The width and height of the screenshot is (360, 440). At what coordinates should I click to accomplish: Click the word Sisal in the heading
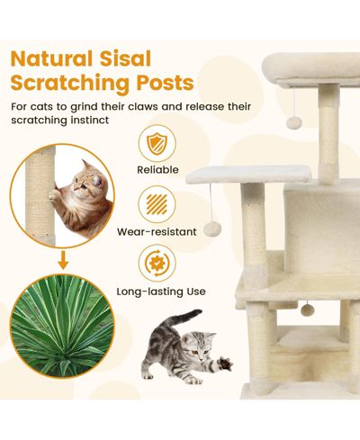point(125,58)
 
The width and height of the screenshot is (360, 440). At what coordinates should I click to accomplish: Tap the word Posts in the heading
point(165,82)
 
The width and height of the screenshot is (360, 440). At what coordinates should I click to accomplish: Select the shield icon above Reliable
point(157,144)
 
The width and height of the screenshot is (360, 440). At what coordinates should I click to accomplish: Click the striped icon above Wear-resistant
point(157,204)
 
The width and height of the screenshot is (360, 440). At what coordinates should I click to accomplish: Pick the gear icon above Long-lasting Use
point(157,264)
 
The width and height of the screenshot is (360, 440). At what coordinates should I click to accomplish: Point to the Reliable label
point(157,170)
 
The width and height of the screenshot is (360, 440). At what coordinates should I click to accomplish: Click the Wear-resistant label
point(157,231)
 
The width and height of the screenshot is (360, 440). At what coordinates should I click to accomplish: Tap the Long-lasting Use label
point(161,292)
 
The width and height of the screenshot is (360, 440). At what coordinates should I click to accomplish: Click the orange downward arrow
point(63,260)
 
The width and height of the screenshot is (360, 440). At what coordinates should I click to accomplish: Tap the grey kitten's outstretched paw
point(224,364)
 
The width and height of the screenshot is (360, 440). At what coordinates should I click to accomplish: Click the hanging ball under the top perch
point(293,123)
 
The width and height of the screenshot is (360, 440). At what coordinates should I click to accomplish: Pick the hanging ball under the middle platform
point(212,229)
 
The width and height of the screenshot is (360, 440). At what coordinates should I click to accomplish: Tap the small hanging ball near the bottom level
point(307,310)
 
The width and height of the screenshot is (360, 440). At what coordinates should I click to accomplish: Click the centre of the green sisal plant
point(62,326)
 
